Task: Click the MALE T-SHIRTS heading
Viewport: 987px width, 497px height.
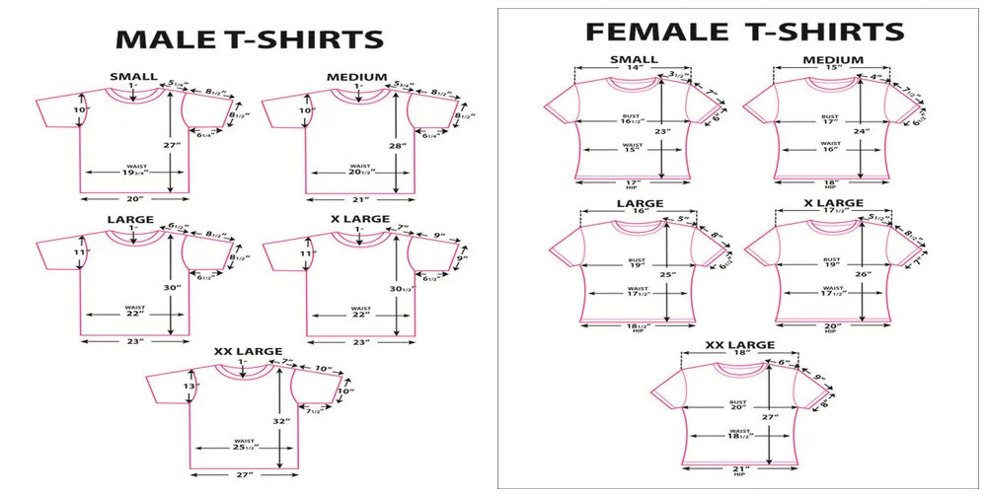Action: (250, 39)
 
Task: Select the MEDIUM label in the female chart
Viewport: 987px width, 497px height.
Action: (833, 60)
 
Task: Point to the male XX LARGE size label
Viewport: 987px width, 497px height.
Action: (249, 351)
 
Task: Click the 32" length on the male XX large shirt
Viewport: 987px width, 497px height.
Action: (282, 420)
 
